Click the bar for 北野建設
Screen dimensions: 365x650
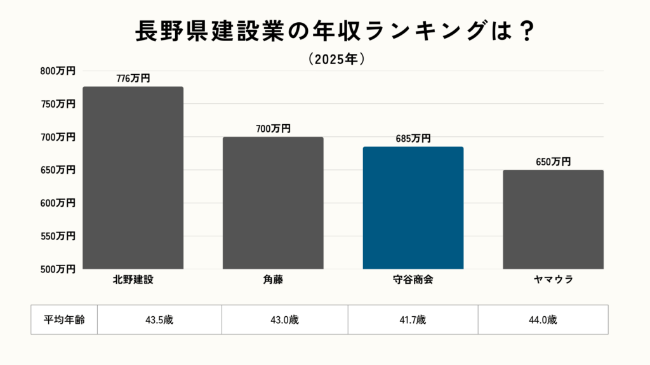coord(133,178)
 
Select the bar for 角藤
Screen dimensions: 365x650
coord(273,203)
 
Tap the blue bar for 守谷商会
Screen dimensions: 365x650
coord(413,208)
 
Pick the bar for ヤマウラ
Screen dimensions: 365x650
coord(553,219)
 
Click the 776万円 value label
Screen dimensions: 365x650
coord(133,79)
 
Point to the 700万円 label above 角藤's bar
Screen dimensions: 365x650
coord(273,129)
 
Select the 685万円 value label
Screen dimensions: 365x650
coord(413,138)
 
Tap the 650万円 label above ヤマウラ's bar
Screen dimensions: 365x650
coord(553,162)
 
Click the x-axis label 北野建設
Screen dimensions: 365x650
coord(133,279)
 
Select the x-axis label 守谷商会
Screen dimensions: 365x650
coord(413,279)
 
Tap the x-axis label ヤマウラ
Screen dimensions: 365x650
coord(553,279)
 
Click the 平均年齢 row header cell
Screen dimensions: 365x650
coord(64,319)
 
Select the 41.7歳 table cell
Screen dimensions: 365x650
coord(413,319)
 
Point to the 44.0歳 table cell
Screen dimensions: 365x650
coord(543,319)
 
